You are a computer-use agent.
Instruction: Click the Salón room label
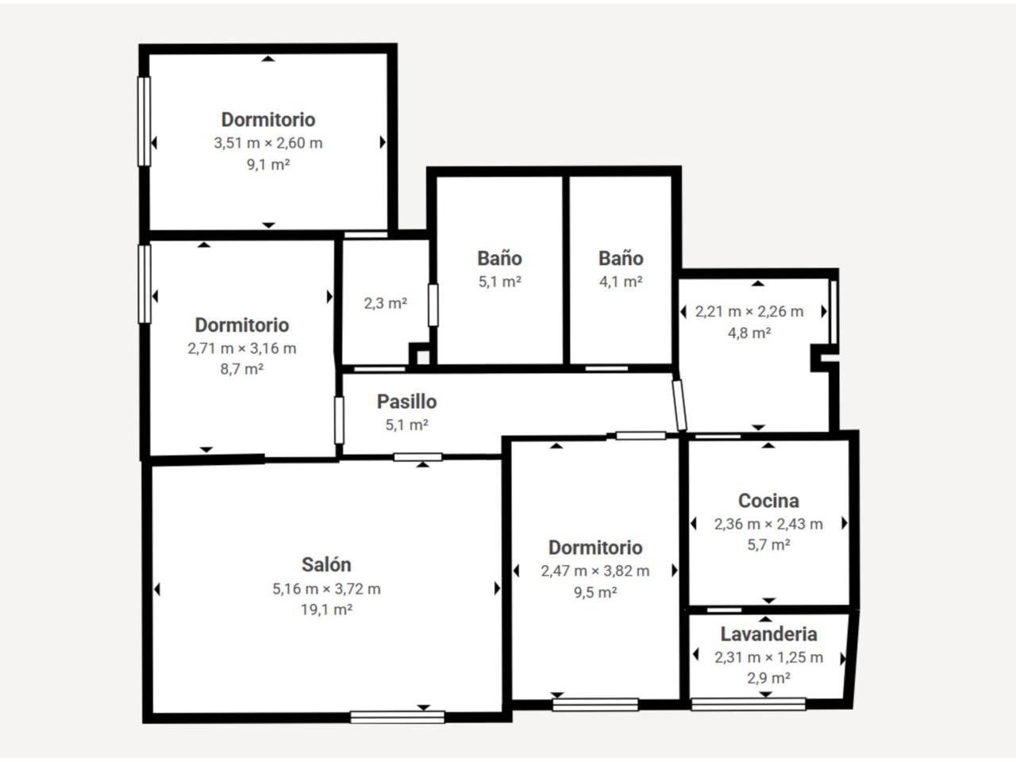326,565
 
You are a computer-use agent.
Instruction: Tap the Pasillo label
406,402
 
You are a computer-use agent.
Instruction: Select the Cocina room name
768,501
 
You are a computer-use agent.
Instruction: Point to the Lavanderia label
768,634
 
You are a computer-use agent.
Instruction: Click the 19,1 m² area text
326,610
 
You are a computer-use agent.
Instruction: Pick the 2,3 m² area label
385,303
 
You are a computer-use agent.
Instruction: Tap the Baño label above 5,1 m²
499,258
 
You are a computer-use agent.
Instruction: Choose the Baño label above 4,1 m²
621,258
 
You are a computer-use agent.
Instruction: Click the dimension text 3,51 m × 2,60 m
268,143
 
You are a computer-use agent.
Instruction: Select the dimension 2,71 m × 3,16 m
241,348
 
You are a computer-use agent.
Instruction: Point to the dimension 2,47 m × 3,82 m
595,571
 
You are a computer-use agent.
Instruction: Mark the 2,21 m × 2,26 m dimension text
749,311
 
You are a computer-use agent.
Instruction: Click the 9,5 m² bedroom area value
595,592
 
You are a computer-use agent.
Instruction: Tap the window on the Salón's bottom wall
397,717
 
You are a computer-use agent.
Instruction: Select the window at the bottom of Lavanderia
749,704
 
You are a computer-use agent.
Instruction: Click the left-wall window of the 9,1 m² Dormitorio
144,121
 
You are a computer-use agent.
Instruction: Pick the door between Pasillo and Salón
418,457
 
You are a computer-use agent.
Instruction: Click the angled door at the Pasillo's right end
679,406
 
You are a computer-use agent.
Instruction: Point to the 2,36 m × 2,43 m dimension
768,524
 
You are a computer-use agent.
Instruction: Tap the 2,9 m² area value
768,678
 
